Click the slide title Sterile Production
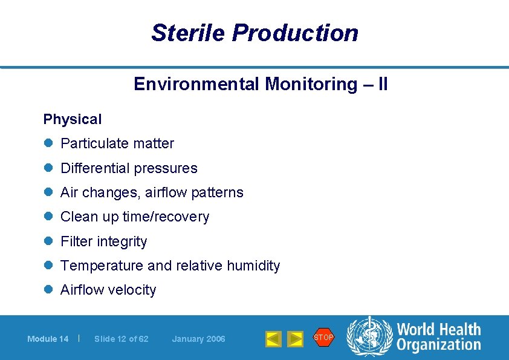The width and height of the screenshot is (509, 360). tap(254, 33)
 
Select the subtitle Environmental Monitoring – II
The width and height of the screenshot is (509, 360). tap(261, 84)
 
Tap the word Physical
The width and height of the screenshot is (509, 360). tap(73, 120)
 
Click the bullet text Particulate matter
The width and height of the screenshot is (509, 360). tap(117, 144)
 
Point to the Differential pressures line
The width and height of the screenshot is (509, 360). tap(129, 168)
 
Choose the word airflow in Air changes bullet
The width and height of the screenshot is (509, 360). tap(166, 192)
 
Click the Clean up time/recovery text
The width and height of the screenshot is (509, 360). tap(135, 217)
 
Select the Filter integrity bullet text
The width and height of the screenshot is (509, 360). tap(104, 241)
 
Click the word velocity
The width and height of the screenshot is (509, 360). tap(132, 290)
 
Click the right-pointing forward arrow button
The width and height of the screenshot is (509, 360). tap(295, 339)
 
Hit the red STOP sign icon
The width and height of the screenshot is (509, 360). tap(323, 337)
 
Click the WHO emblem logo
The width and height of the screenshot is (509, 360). tap(369, 336)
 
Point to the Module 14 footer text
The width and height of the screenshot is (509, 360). tap(48, 339)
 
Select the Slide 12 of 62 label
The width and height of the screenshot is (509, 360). tap(122, 339)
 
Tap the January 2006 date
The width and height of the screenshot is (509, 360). tap(198, 339)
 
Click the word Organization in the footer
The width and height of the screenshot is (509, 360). tap(438, 345)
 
